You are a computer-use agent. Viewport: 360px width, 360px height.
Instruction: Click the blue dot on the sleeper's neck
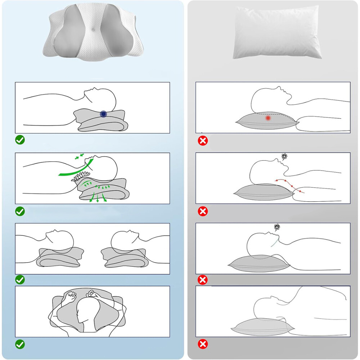tap(104, 114)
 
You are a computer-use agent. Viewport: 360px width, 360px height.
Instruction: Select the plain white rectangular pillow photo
tap(277, 32)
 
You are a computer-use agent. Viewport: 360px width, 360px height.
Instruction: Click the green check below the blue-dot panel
tap(20, 140)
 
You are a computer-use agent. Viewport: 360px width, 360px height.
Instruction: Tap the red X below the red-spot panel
tap(203, 141)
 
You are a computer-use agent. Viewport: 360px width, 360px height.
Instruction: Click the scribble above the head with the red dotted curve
tap(285, 157)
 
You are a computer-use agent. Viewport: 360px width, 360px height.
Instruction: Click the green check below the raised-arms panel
tap(20, 344)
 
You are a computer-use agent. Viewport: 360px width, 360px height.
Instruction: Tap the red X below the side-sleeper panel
tap(203, 344)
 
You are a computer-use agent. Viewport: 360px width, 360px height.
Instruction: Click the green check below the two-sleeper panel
tap(20, 279)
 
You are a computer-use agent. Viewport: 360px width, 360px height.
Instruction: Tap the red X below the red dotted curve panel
tap(203, 211)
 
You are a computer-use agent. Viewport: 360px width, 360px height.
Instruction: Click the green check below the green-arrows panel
tap(20, 211)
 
